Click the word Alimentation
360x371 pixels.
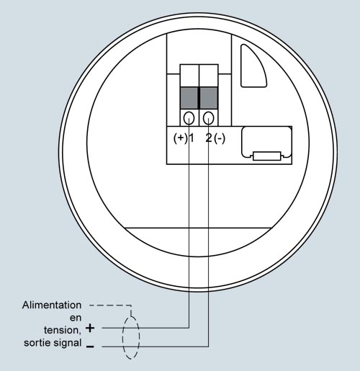pos(52,305)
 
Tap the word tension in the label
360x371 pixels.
pos(61,330)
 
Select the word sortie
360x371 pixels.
pos(37,343)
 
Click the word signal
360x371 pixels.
pos(68,343)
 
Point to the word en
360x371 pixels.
pos(76,318)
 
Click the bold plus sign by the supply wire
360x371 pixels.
pos(90,328)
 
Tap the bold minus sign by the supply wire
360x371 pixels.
pos(90,347)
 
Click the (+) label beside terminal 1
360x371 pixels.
pos(180,138)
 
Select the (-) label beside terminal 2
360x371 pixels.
pos(220,138)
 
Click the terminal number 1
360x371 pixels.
pos(192,138)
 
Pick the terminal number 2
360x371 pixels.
pos(209,138)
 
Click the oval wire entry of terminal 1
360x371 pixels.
pos(189,118)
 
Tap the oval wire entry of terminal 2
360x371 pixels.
pos(208,118)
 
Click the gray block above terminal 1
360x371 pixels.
pos(189,98)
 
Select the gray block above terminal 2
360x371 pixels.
pos(209,98)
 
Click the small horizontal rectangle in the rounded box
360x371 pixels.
pos(267,156)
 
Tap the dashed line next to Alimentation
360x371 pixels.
pos(110,305)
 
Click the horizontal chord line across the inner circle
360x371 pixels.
pos(198,228)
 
